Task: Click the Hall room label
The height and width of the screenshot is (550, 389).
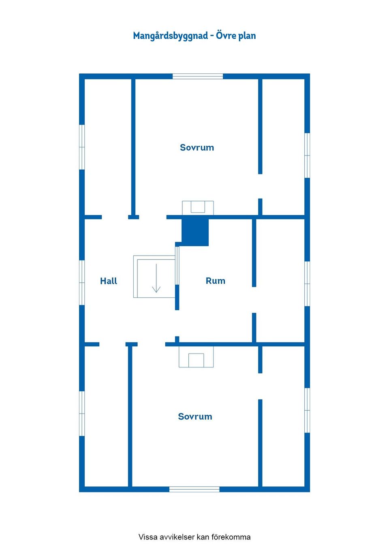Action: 109,281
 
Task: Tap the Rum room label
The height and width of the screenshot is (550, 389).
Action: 216,281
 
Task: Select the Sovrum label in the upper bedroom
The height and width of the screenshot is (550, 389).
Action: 197,147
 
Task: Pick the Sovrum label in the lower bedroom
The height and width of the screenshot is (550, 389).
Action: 195,416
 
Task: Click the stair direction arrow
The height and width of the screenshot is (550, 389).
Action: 156,278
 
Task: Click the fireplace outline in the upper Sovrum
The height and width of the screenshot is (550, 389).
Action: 198,208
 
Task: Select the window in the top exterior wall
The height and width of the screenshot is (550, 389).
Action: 198,77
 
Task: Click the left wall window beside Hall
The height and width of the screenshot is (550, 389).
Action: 82,283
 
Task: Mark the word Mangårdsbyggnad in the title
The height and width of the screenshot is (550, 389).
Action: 171,36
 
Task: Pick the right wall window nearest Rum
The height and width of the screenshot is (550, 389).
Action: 307,284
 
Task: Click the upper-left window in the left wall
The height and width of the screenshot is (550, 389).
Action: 82,147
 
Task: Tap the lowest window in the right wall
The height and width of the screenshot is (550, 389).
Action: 307,410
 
